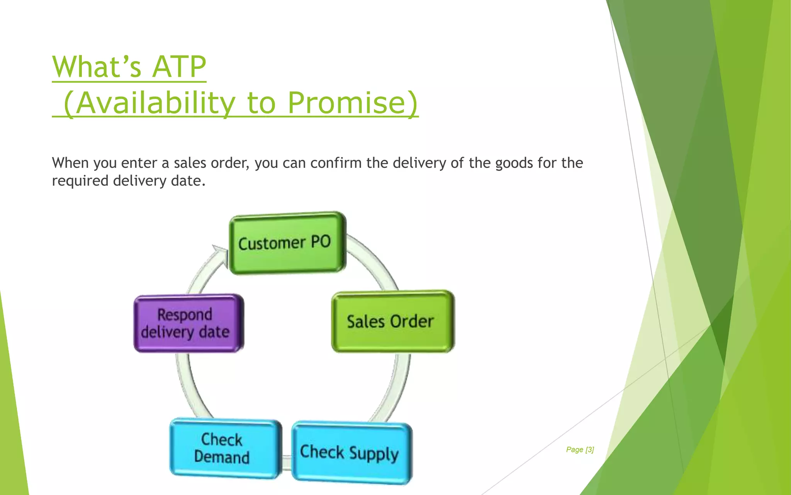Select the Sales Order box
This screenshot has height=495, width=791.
coord(392,321)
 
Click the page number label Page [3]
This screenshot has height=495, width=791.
coord(580,449)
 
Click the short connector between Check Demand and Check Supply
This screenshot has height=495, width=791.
coord(287,463)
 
